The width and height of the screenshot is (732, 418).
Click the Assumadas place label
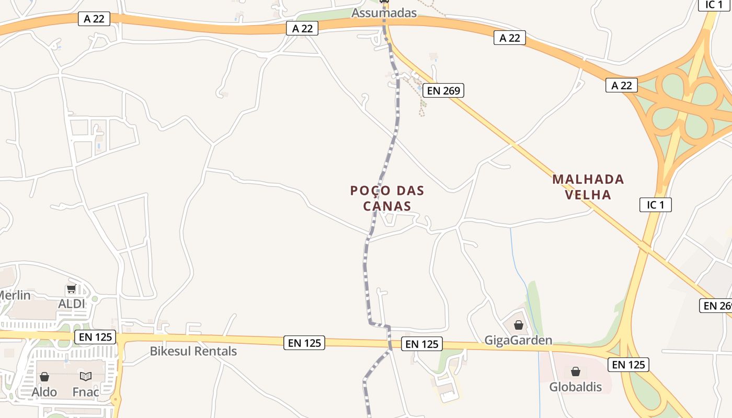tap(384, 13)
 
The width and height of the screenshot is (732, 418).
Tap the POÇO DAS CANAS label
tap(387, 199)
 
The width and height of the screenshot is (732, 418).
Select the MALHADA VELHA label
tap(588, 187)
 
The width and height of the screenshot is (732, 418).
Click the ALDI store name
tap(72, 304)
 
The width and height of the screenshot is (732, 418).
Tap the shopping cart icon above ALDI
tap(72, 289)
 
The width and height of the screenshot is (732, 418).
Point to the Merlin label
tap(15, 295)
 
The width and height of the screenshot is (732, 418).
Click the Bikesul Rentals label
tap(193, 351)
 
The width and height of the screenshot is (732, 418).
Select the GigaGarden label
tap(518, 341)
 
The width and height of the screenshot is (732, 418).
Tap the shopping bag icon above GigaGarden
tap(519, 326)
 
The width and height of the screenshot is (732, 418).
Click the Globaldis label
tap(575, 387)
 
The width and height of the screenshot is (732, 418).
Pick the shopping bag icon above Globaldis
tap(576, 371)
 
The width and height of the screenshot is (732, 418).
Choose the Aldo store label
tap(44, 392)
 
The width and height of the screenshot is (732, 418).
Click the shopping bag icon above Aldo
tap(44, 377)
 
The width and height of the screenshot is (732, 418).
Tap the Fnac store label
tap(86, 392)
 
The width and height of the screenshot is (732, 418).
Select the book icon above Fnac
tap(86, 376)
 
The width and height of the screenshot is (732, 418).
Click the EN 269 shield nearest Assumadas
tap(443, 90)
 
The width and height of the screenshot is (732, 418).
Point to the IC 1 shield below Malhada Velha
tap(656, 205)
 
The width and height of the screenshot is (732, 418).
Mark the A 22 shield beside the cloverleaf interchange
tap(622, 85)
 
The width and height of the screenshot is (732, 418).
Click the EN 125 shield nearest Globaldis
tap(628, 364)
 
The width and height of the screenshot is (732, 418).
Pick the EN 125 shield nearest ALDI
tap(96, 337)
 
